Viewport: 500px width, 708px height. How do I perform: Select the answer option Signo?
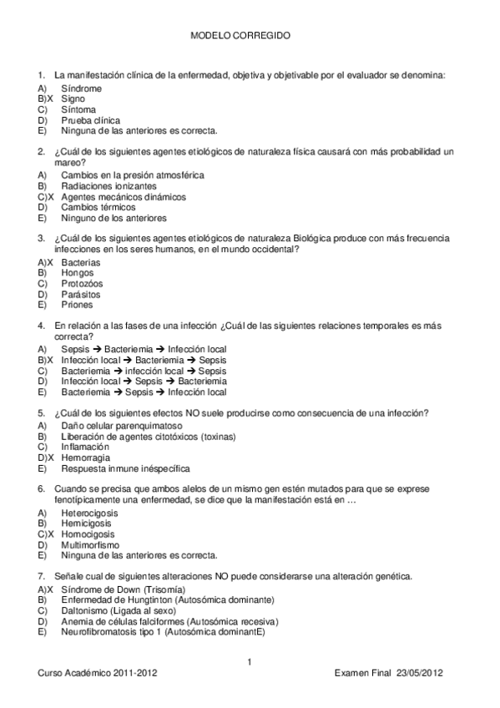[x=73, y=99]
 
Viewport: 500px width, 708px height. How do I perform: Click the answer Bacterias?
[x=80, y=262]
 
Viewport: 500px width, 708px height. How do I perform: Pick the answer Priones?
[x=77, y=306]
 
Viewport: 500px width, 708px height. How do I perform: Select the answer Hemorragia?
[x=86, y=458]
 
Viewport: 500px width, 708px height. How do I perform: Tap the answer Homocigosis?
[x=88, y=534]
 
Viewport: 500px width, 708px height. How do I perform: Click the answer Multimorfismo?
[x=89, y=544]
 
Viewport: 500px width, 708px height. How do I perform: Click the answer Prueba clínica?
[x=90, y=120]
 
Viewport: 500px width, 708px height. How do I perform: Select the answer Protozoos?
[x=81, y=284]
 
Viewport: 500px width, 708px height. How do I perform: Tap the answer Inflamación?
[x=85, y=447]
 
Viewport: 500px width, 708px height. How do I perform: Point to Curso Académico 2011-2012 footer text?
[x=97, y=673]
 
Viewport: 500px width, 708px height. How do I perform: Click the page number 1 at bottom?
[x=249, y=662]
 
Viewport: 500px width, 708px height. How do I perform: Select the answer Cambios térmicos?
[x=98, y=208]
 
